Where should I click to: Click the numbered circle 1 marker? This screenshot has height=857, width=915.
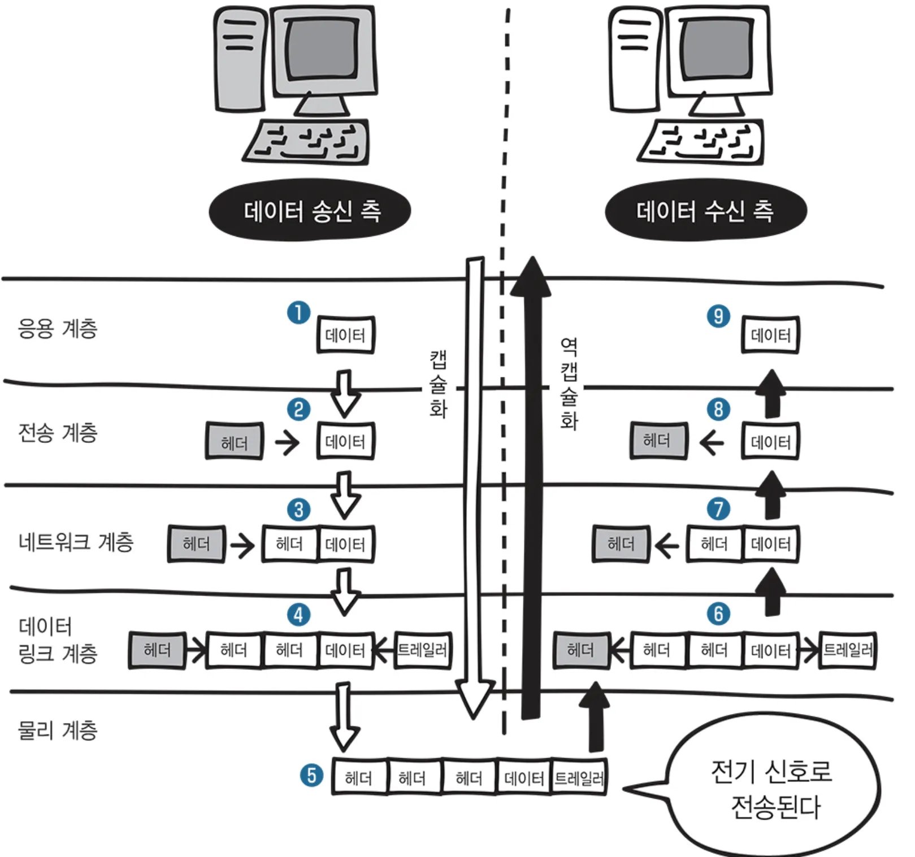pos(298,312)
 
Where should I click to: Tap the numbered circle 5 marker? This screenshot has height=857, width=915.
pos(311,775)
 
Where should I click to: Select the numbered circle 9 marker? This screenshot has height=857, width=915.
pos(718,316)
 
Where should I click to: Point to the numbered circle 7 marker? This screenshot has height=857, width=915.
pos(718,508)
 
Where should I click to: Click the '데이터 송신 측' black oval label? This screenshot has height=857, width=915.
pos(310,211)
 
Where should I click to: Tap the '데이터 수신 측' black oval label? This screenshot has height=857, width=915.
pos(705,211)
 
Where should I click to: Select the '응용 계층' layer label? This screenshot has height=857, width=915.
pos(58,328)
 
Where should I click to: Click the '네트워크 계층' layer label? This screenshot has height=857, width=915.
pos(76,542)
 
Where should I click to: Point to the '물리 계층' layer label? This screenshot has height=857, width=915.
pos(58,730)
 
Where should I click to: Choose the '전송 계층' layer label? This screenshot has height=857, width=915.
pos(58,433)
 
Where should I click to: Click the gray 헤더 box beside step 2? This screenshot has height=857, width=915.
pos(234,441)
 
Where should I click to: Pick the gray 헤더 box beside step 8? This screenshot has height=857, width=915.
pos(658,440)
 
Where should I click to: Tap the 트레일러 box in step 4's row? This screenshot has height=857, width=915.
pos(422,650)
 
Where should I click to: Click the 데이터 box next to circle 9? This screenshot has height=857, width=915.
pos(770,335)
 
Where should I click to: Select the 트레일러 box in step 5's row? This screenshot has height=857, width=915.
pos(579,778)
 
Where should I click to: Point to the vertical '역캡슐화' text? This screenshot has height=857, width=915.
pos(569,384)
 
